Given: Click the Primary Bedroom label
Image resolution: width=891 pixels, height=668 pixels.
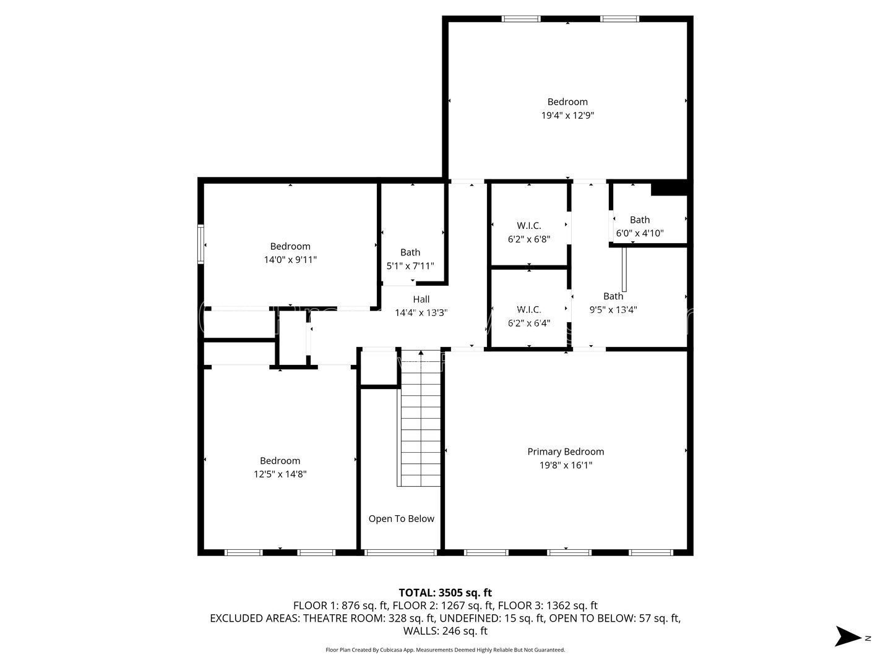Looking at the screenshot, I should [566, 452].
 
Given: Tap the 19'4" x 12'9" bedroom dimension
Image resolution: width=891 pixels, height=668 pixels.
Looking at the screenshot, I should [567, 115].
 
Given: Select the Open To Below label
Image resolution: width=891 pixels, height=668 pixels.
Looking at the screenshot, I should [401, 518].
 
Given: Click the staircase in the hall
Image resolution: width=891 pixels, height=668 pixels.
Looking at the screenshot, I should [421, 421].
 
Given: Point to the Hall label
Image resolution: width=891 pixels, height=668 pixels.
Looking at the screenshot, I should [421, 299].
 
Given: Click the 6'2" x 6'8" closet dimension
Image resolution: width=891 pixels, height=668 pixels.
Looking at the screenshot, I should [528, 239].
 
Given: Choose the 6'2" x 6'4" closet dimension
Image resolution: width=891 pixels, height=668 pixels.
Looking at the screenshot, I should [528, 322].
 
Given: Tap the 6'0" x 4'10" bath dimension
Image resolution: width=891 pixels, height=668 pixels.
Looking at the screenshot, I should [640, 233].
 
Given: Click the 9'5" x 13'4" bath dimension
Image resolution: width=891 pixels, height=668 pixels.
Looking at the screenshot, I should [613, 310].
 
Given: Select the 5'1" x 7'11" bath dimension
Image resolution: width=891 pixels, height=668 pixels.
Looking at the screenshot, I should [410, 265].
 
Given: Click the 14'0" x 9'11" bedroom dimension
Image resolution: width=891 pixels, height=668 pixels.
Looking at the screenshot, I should [290, 260].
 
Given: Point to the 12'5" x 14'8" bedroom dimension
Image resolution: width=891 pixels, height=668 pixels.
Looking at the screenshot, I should [280, 474].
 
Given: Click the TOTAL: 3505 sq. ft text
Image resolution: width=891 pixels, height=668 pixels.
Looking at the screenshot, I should [445, 593].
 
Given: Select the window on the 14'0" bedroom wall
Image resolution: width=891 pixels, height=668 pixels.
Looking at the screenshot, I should [200, 244].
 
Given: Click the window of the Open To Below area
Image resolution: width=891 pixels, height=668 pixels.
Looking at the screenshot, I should [400, 552].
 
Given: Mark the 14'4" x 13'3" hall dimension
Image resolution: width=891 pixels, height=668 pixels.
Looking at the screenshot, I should [421, 313].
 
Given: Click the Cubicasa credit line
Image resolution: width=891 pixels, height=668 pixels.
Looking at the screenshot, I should [445, 650].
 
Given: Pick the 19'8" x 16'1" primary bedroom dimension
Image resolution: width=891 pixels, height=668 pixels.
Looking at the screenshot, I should [566, 465].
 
